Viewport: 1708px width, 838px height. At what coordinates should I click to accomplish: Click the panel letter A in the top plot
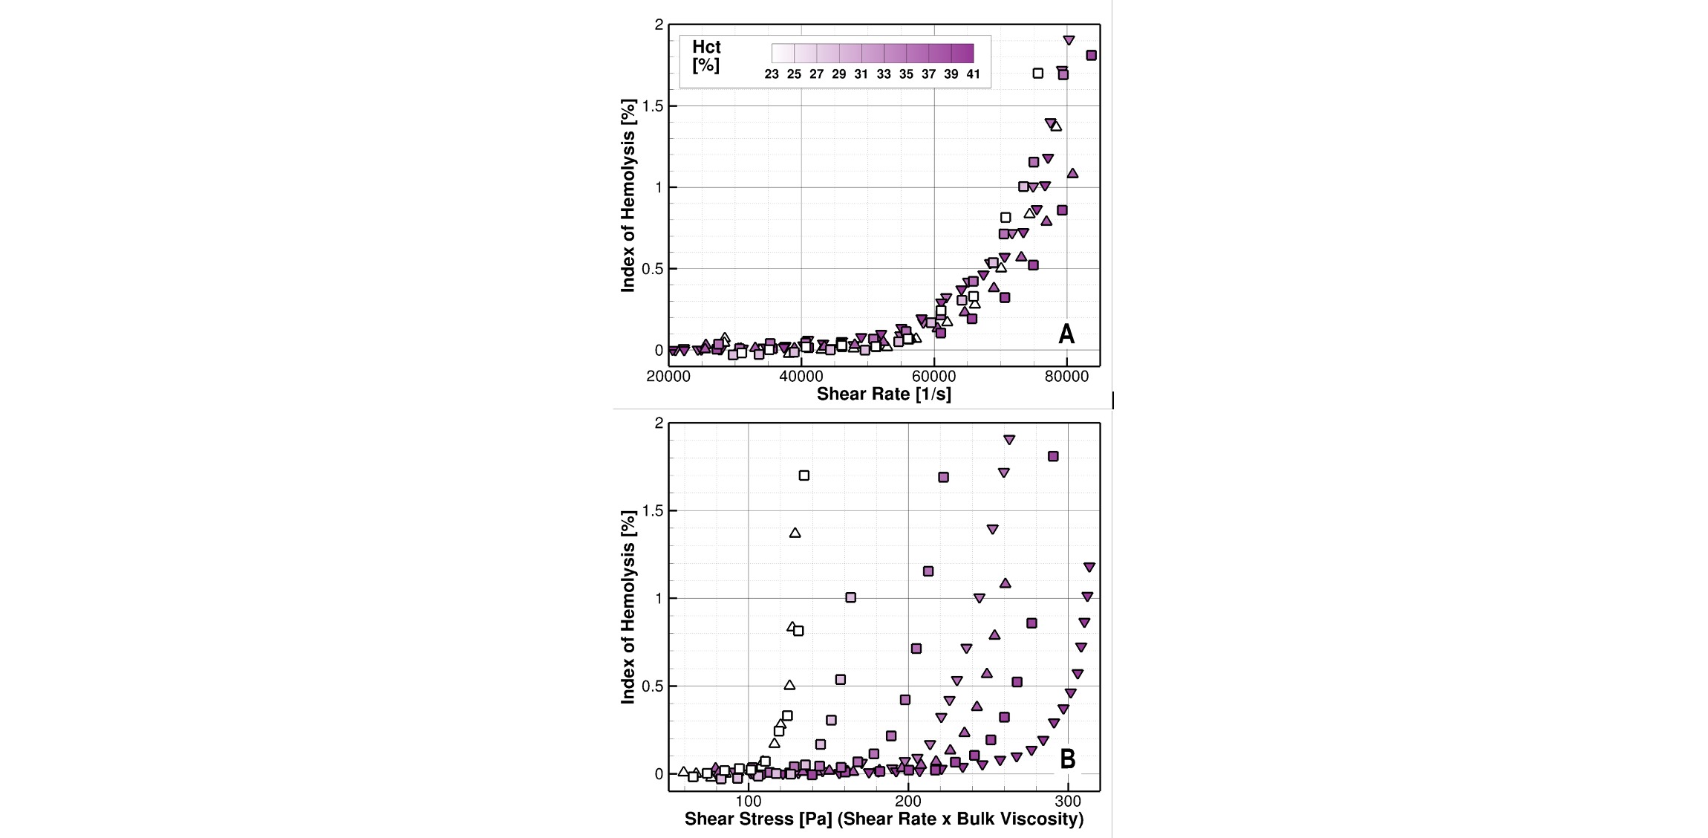[1066, 334]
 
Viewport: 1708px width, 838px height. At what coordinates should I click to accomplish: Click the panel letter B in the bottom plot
[1067, 759]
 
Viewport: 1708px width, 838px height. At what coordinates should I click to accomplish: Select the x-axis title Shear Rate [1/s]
[884, 394]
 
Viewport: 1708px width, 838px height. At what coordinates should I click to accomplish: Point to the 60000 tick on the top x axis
[933, 376]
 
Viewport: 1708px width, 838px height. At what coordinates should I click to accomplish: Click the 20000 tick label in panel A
[668, 376]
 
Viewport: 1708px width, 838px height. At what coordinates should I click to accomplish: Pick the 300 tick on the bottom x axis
[1068, 802]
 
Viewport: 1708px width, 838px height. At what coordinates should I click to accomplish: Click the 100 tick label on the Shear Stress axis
[748, 802]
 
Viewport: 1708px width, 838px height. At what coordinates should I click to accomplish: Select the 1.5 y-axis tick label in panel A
[652, 106]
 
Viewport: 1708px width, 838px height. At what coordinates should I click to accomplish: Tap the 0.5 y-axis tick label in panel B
[652, 686]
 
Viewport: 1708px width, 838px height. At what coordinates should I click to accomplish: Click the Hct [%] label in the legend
[706, 56]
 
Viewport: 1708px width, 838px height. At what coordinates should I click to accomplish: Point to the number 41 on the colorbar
[973, 74]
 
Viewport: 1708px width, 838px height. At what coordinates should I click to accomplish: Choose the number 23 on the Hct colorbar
[772, 74]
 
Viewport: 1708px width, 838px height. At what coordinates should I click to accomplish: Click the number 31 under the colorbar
[861, 74]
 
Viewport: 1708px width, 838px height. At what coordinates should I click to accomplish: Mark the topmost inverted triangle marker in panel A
[1069, 40]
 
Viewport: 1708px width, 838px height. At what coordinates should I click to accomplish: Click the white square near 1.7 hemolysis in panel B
[804, 475]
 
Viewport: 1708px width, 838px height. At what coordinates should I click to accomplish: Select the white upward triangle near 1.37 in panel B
[795, 533]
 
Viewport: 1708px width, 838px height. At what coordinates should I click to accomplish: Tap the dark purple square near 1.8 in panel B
[1053, 456]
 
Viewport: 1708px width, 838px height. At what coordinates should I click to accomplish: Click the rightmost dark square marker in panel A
[1091, 55]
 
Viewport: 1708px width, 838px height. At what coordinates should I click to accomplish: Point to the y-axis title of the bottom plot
[628, 607]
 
